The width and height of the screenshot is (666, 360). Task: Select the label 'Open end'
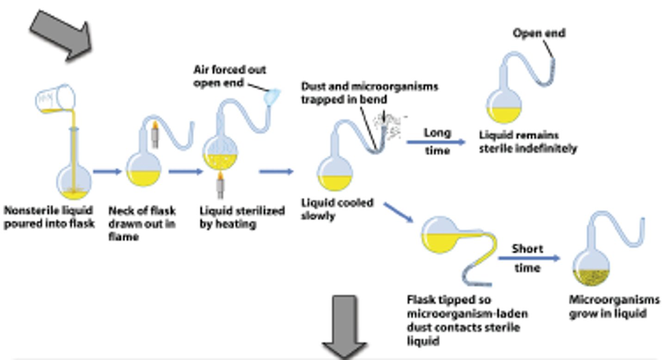click(x=539, y=33)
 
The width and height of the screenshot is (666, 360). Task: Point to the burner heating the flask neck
click(x=155, y=134)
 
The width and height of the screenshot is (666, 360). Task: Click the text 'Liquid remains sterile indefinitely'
click(x=527, y=142)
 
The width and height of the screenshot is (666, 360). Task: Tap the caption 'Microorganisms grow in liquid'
click(x=614, y=306)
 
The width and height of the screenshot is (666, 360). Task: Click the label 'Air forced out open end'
click(x=229, y=76)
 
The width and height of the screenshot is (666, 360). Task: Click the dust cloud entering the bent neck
click(x=391, y=125)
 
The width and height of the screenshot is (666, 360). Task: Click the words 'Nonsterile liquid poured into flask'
click(x=49, y=217)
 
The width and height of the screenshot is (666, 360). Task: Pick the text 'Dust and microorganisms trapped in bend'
click(x=369, y=93)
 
